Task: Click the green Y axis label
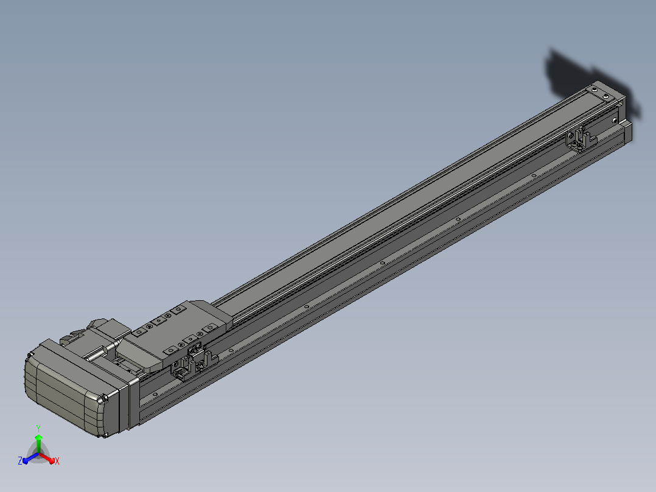point(38,428)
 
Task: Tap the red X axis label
point(57,461)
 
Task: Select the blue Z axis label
point(20,460)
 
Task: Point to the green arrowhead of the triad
point(38,438)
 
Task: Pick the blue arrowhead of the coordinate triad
point(26,460)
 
